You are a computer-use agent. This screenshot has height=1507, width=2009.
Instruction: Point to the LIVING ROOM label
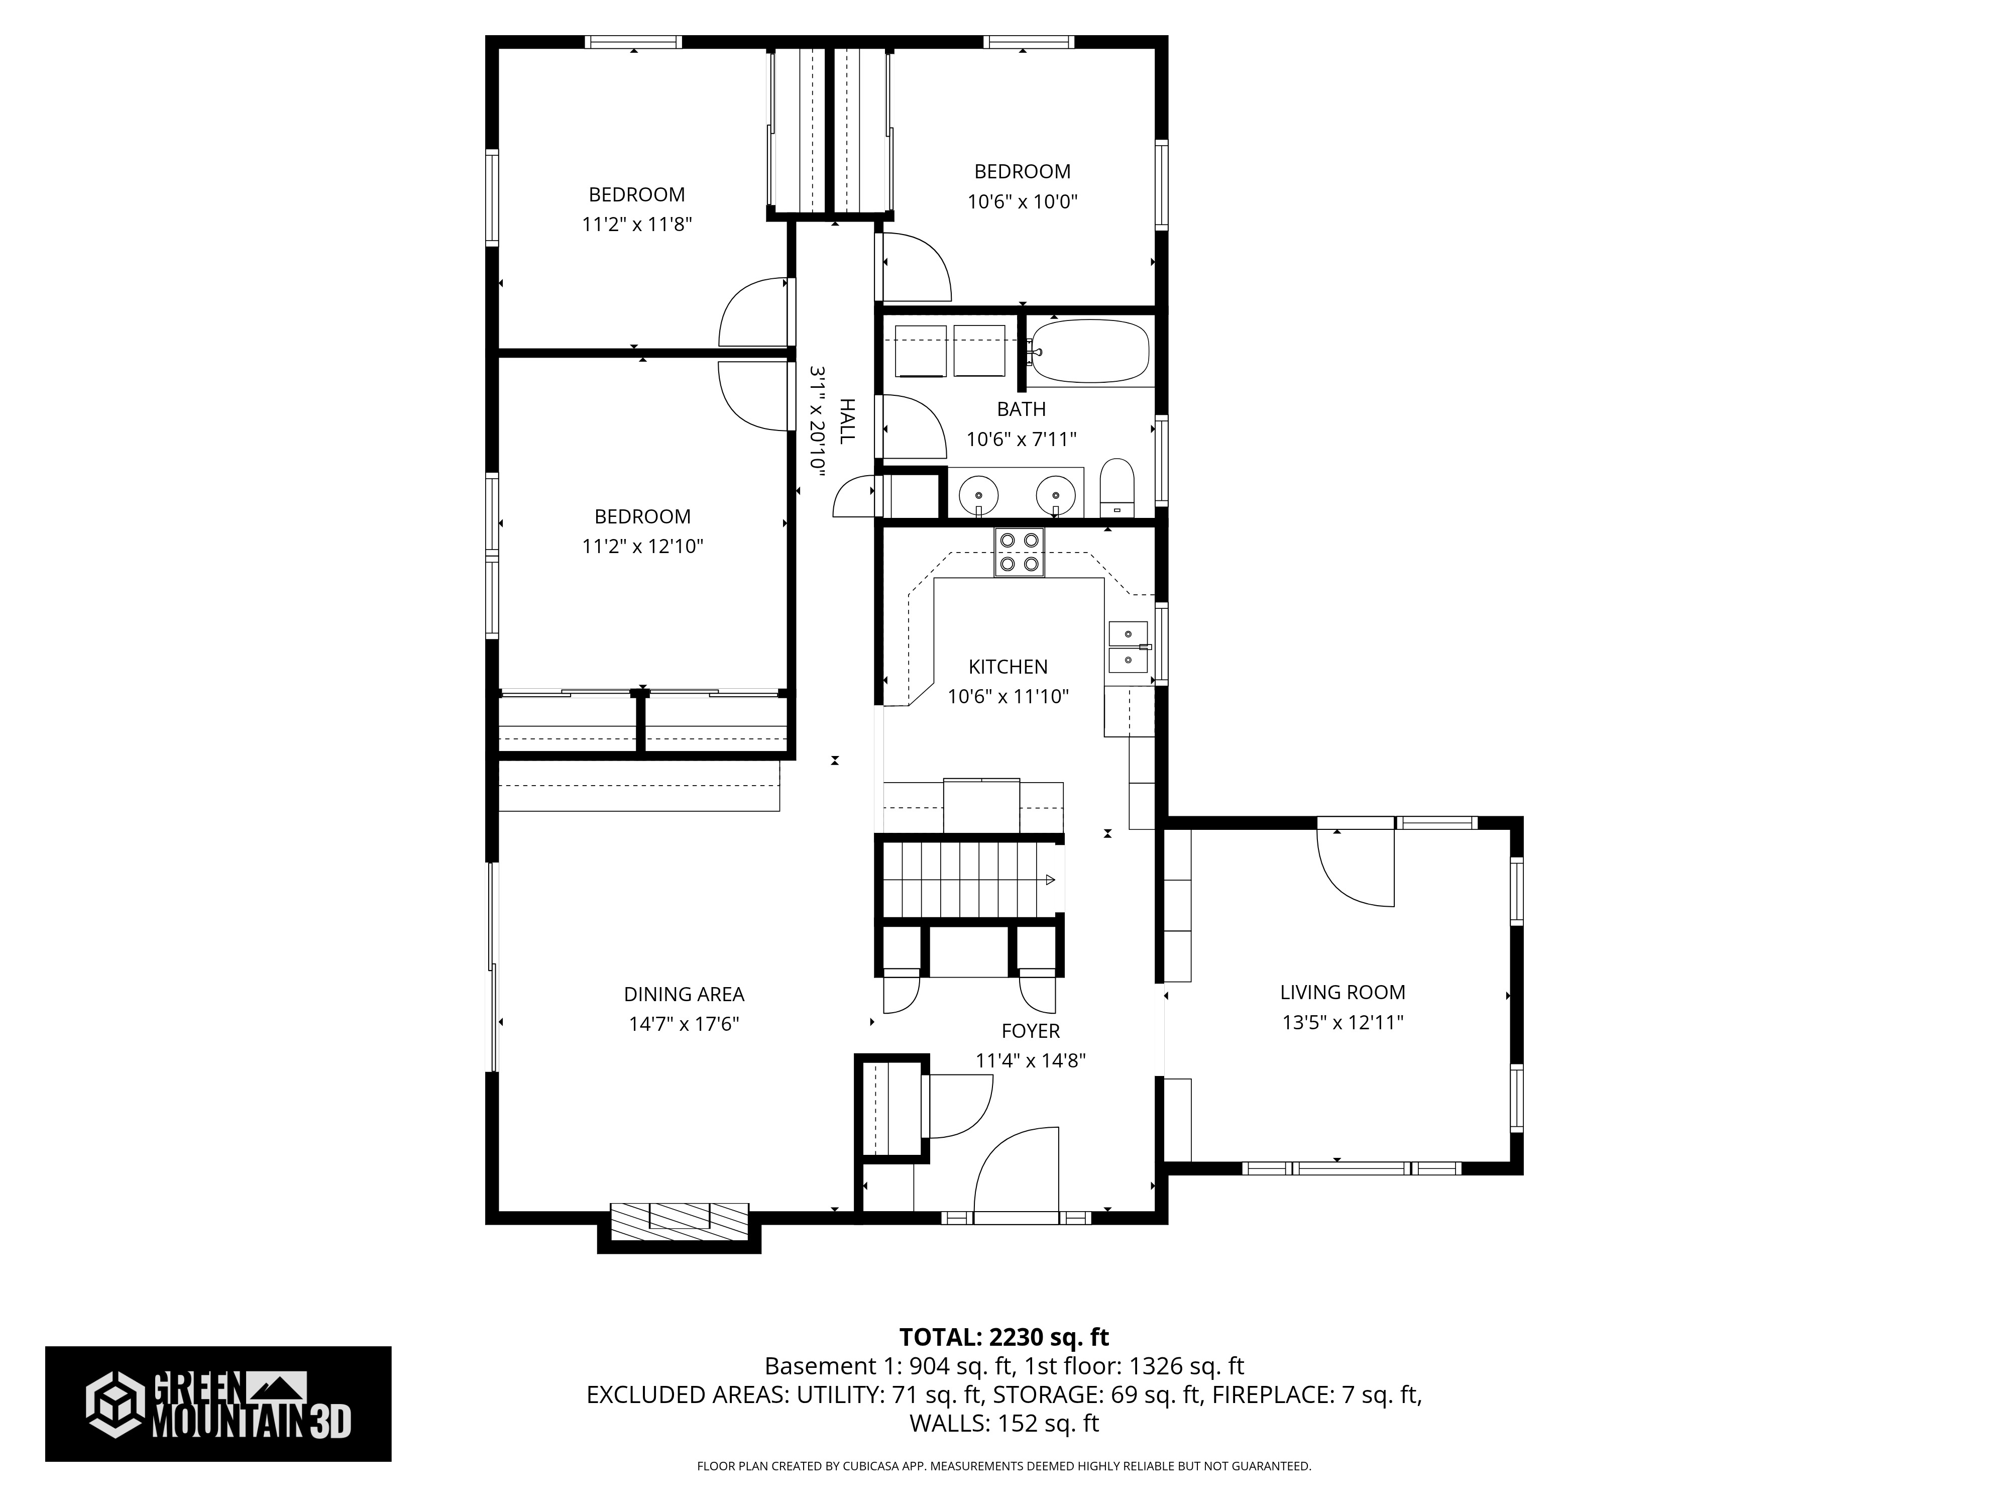pyautogui.click(x=1343, y=993)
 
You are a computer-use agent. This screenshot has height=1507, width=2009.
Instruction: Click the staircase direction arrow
pyautogui.click(x=1049, y=879)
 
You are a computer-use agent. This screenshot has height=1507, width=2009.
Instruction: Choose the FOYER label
pyautogui.click(x=1030, y=1031)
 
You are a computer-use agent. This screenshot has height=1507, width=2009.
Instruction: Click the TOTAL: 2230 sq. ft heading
pyautogui.click(x=1003, y=1337)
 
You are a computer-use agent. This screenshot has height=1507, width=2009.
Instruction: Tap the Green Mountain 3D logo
pyautogui.click(x=218, y=1404)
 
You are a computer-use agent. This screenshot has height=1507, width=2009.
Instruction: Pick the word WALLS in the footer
pyautogui.click(x=948, y=1424)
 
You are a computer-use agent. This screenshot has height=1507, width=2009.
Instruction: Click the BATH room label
pyautogui.click(x=1021, y=410)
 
